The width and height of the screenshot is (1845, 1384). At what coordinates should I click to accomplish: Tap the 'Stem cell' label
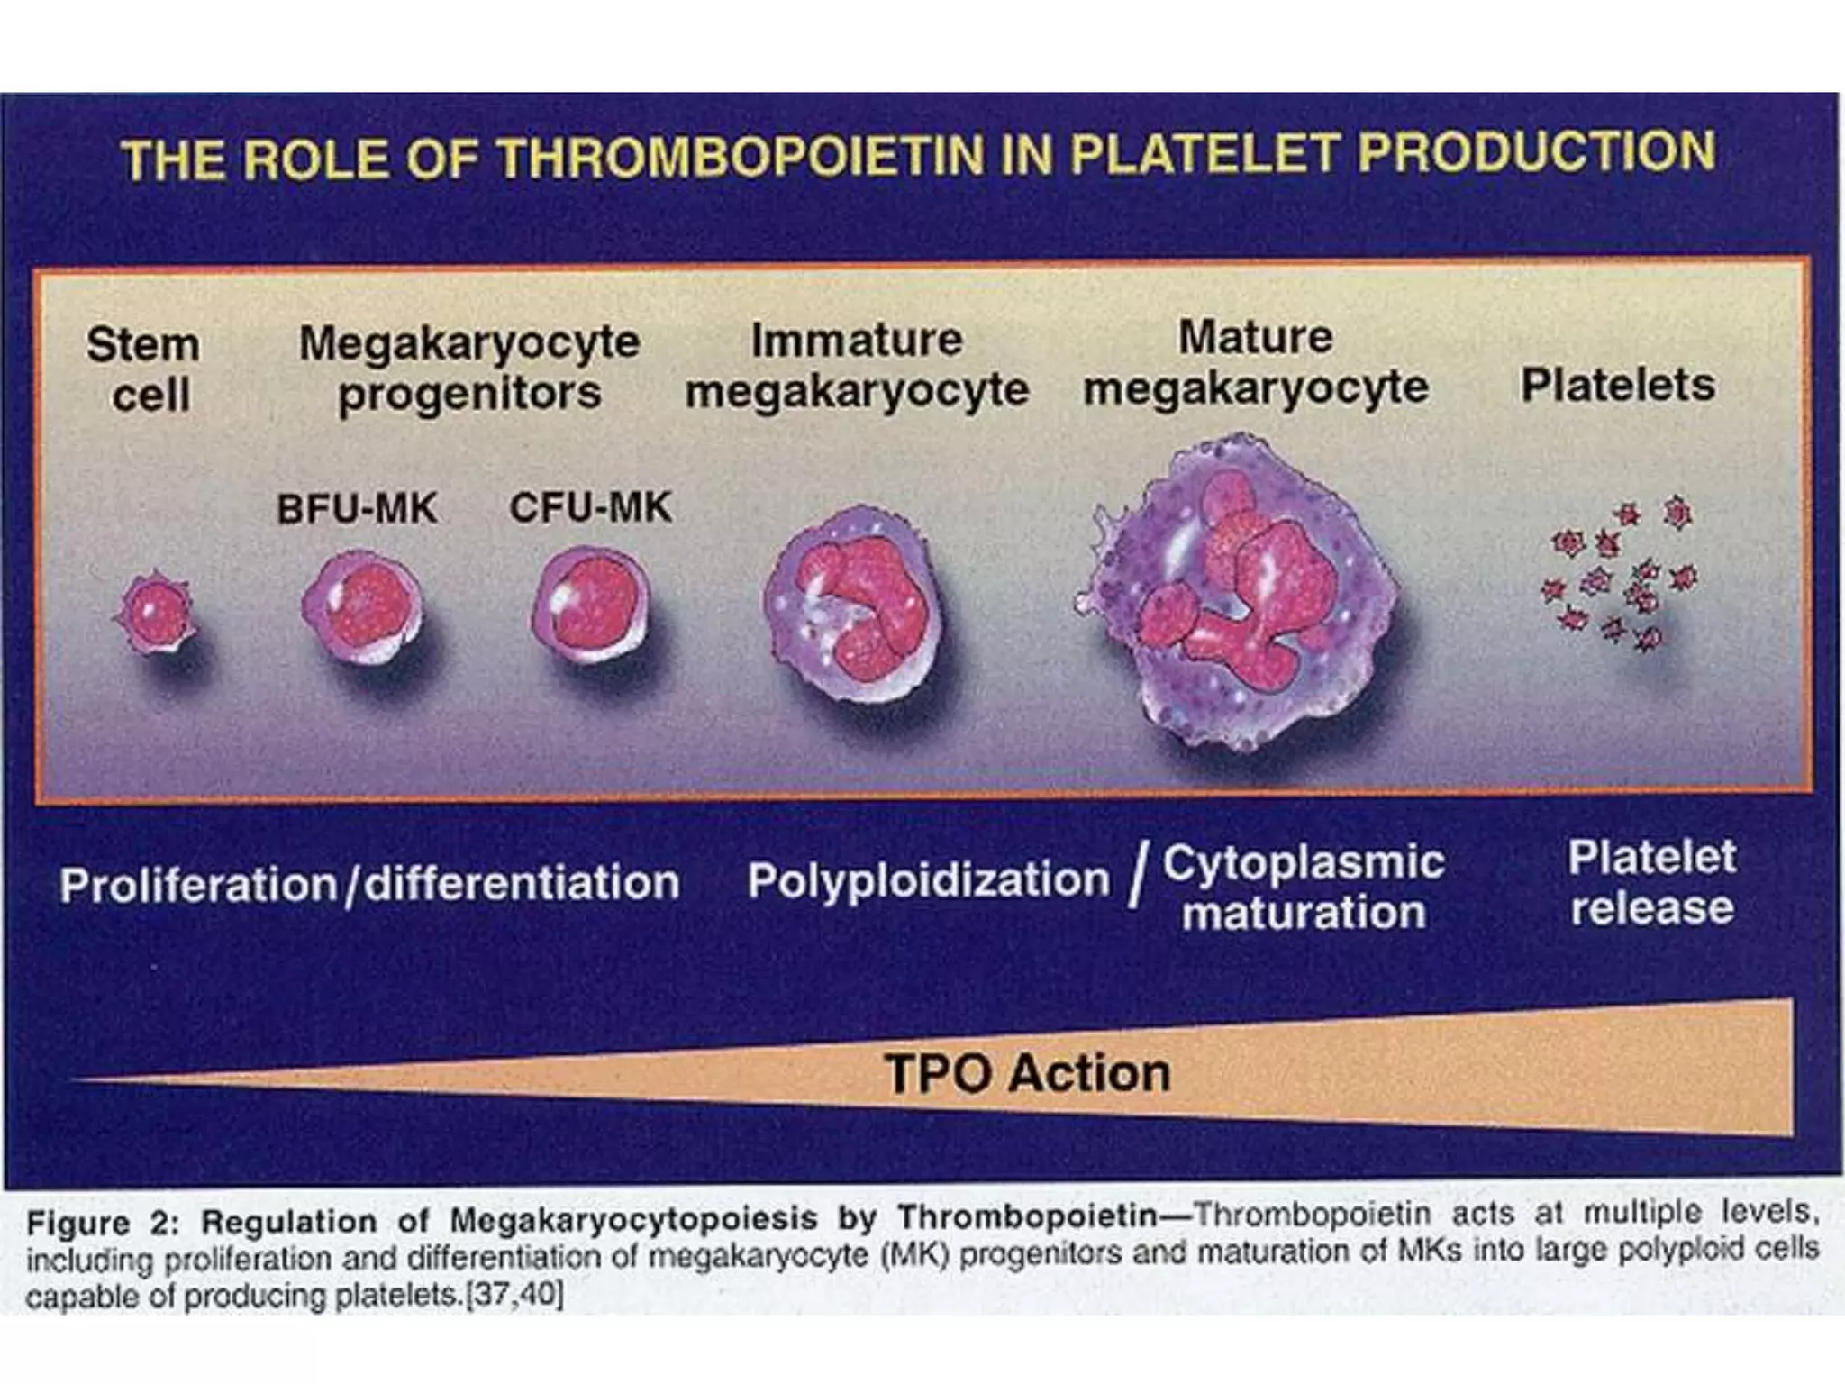pos(144,369)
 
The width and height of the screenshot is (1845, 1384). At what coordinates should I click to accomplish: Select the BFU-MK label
pos(357,509)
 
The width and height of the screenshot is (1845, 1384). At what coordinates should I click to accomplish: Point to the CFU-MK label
pos(590,507)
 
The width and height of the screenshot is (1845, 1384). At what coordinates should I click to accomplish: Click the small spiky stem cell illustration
pos(156,613)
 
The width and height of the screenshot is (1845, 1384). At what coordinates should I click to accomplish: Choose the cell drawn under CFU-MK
pos(591,605)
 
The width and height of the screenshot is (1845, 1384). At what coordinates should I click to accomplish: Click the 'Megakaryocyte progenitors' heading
pos(468,368)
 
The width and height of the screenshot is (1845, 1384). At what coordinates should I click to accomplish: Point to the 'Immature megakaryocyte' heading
pos(857,365)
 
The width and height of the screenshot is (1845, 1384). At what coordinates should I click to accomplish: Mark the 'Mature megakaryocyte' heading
pos(1256,362)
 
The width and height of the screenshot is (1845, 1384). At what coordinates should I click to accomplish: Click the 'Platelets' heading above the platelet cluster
pos(1618,386)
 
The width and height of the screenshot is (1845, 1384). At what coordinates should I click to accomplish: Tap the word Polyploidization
pos(928,880)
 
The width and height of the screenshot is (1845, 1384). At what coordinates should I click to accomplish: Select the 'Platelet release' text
pos(1651,882)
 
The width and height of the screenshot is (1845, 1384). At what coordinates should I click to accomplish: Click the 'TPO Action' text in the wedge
pos(1027,1074)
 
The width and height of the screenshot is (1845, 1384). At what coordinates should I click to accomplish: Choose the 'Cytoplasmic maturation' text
pos(1304,888)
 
